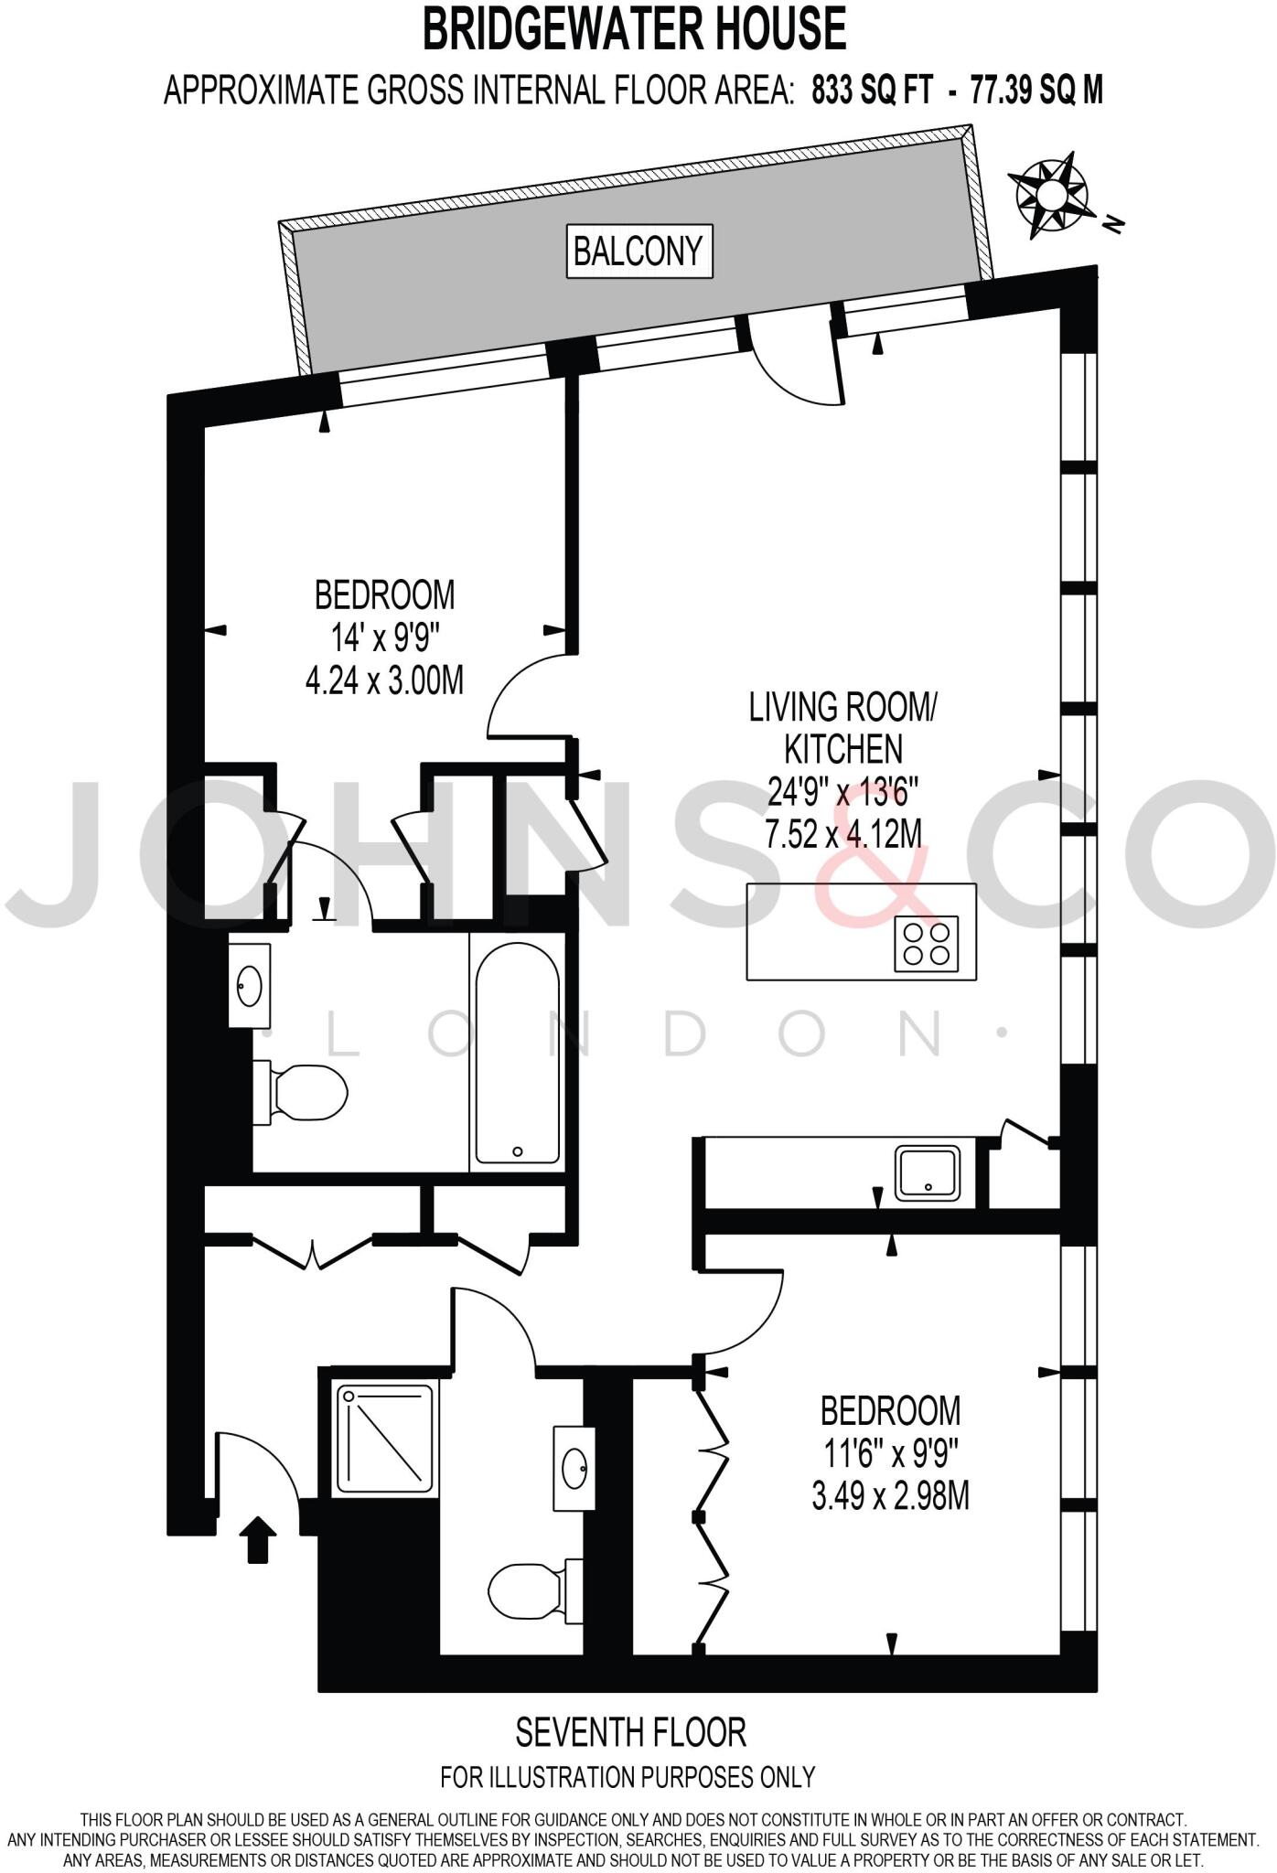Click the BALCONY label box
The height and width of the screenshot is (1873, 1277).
pos(638,251)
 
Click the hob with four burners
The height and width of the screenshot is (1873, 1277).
pos(927,943)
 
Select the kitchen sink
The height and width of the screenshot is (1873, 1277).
pos(928,1172)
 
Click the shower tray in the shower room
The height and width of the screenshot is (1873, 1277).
pos(385,1439)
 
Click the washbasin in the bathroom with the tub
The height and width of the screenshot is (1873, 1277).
pos(249,987)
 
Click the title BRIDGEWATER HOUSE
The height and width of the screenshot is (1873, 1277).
pos(634,29)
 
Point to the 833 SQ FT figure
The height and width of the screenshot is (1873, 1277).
pos(873,91)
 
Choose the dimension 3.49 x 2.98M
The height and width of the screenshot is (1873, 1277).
pos(890,1497)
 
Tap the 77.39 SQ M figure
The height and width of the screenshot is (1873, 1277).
pos(1036,91)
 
